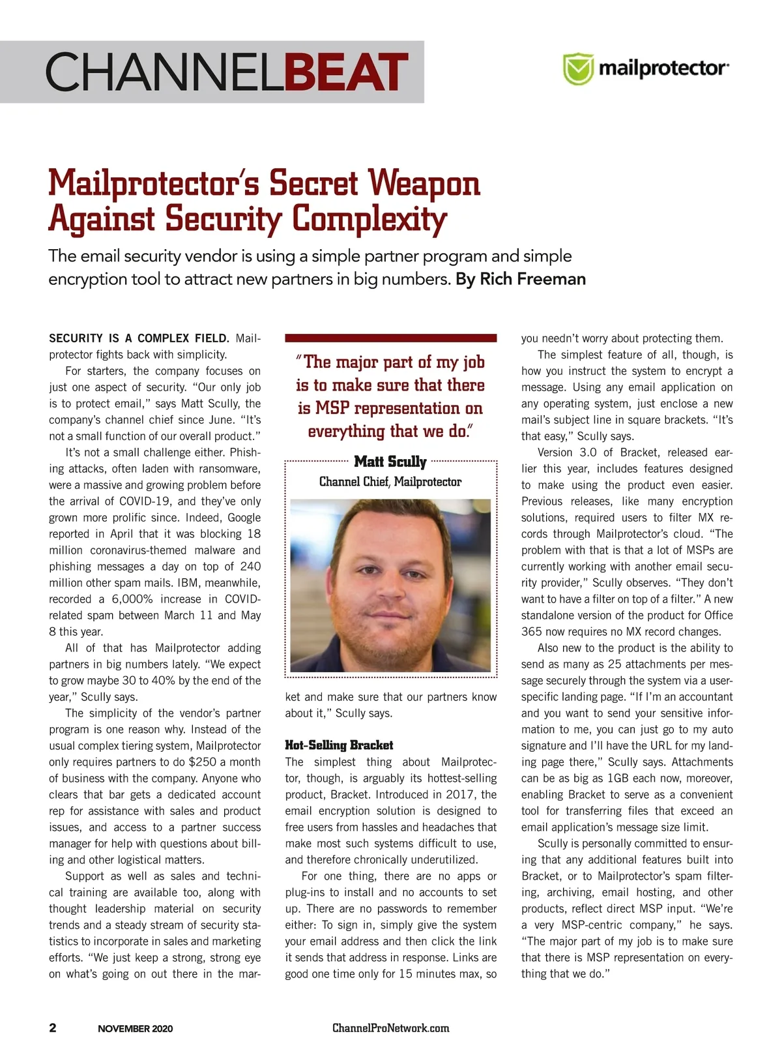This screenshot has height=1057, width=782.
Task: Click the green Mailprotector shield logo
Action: point(577,69)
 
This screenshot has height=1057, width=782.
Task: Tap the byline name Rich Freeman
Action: point(532,279)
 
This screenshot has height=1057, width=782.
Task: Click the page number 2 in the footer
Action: point(53,1028)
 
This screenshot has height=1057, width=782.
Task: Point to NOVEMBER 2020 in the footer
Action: point(135,1029)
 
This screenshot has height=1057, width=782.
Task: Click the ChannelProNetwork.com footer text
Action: point(390,1028)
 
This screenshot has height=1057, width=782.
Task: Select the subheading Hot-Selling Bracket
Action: point(339,745)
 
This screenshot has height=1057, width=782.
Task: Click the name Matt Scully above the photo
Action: point(390,462)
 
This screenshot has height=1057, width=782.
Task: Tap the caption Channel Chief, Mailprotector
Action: point(390,482)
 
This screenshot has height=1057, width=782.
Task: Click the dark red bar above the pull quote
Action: point(390,338)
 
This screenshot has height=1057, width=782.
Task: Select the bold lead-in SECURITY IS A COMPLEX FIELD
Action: point(139,338)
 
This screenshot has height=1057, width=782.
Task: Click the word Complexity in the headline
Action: point(369,219)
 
